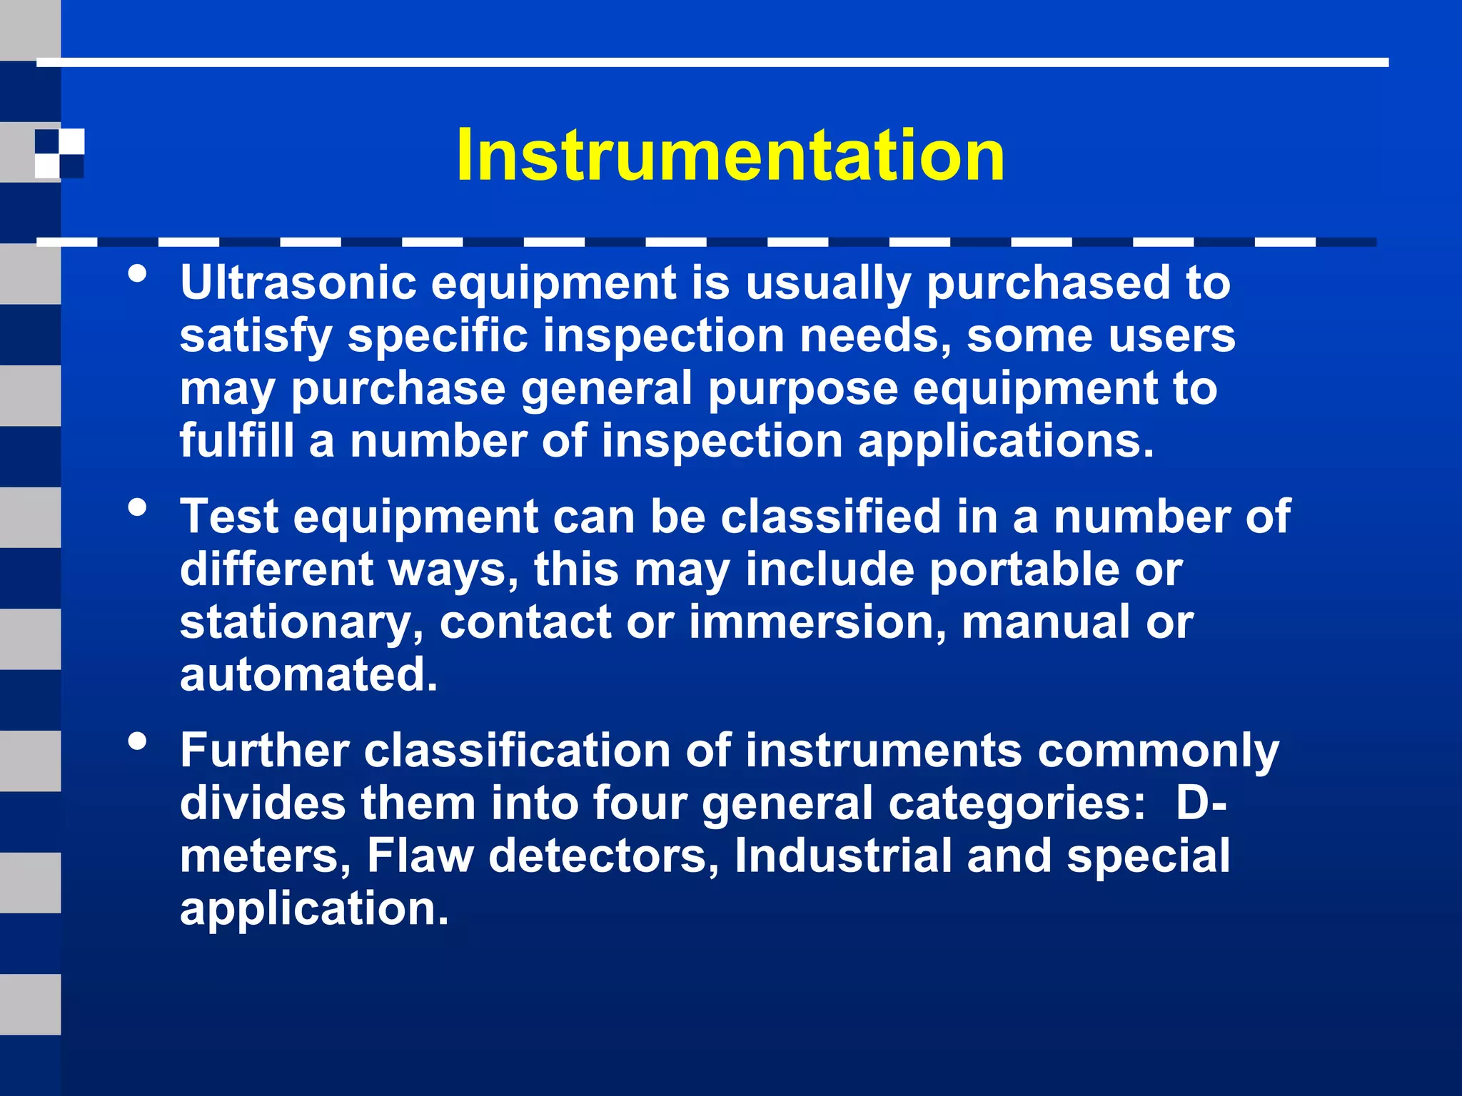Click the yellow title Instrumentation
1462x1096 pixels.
(730, 155)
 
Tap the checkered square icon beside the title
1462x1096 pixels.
(60, 153)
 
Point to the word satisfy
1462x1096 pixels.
(256, 336)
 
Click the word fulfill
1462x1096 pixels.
(236, 441)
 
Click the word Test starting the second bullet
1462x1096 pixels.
(229, 517)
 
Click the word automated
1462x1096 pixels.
(308, 675)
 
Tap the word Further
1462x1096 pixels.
(265, 751)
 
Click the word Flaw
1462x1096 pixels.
(420, 856)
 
